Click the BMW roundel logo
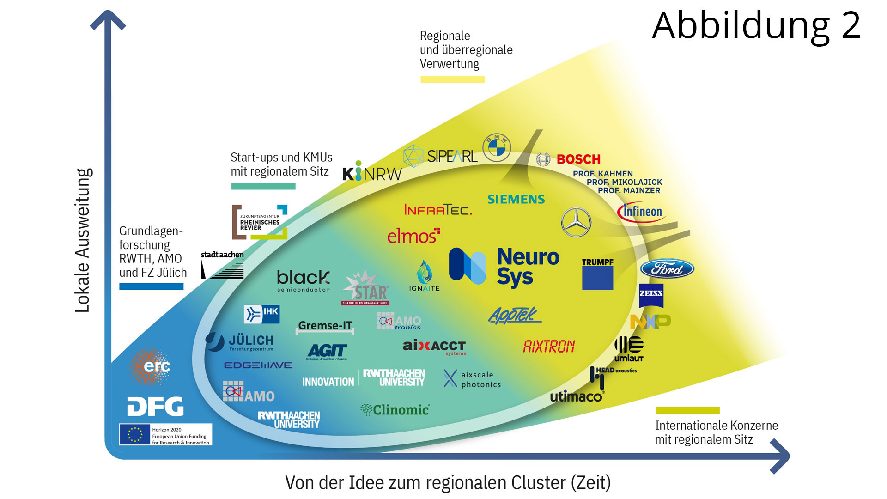(x=497, y=147)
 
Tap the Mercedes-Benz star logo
(x=576, y=222)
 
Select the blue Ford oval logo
(x=667, y=269)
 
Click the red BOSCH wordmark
(x=578, y=159)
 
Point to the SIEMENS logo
(x=516, y=200)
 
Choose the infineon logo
(x=642, y=212)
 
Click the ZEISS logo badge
(x=651, y=296)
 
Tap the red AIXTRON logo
(x=549, y=347)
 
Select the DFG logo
(x=155, y=407)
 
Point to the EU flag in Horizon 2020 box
(x=135, y=435)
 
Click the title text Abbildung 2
(x=756, y=26)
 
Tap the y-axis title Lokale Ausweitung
(x=83, y=240)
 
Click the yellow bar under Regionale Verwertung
(x=452, y=79)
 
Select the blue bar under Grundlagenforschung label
(x=151, y=286)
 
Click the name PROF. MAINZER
(x=629, y=190)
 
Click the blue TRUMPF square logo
(x=597, y=278)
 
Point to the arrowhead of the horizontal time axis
(x=780, y=456)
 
